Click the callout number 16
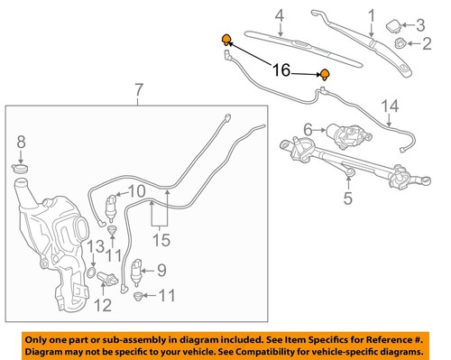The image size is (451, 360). (x=281, y=69)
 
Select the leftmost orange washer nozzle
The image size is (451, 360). (x=226, y=39)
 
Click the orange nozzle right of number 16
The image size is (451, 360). (x=324, y=75)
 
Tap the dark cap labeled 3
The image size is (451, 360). (x=398, y=23)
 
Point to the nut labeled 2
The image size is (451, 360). (x=400, y=42)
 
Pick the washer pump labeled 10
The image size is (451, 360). (x=112, y=206)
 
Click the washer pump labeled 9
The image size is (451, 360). (x=138, y=272)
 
